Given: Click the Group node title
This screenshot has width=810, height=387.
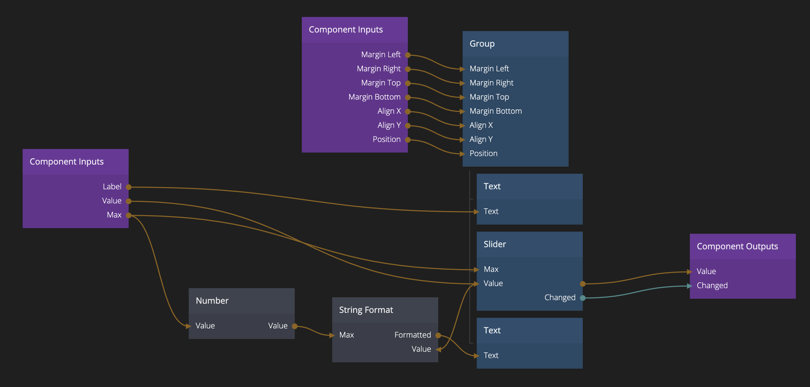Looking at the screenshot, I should (x=482, y=44).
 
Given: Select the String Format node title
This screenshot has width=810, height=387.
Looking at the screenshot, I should (x=366, y=310).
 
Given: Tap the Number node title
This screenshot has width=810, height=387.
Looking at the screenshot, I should (x=212, y=301).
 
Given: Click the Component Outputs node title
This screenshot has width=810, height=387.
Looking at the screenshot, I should (x=737, y=246).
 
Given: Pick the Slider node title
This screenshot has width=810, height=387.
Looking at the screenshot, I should (x=495, y=244).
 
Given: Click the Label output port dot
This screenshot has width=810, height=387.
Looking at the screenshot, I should (x=129, y=187).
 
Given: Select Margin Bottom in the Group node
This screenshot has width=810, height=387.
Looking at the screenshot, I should (x=495, y=111).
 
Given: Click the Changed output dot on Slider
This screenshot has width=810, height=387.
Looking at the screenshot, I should (x=583, y=298).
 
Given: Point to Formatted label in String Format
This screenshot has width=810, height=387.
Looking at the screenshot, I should (x=412, y=335).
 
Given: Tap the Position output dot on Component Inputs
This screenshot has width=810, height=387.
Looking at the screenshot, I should (x=408, y=140).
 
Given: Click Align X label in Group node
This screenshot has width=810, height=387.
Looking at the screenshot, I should (x=481, y=125).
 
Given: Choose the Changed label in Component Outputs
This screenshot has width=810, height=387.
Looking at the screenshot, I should (x=712, y=286).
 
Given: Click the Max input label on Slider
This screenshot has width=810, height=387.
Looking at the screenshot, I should (x=491, y=269).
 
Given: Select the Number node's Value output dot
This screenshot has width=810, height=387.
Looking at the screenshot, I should (x=295, y=326).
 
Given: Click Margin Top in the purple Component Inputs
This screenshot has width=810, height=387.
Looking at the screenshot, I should (x=381, y=83).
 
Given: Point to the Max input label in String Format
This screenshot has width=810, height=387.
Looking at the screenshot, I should (x=346, y=335).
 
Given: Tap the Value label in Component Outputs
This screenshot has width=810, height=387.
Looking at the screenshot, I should (x=706, y=272).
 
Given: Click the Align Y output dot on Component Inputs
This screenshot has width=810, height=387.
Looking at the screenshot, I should (x=408, y=126).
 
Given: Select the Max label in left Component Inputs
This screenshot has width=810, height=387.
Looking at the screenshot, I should (x=114, y=215).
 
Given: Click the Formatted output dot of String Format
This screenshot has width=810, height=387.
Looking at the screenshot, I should (x=438, y=335).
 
